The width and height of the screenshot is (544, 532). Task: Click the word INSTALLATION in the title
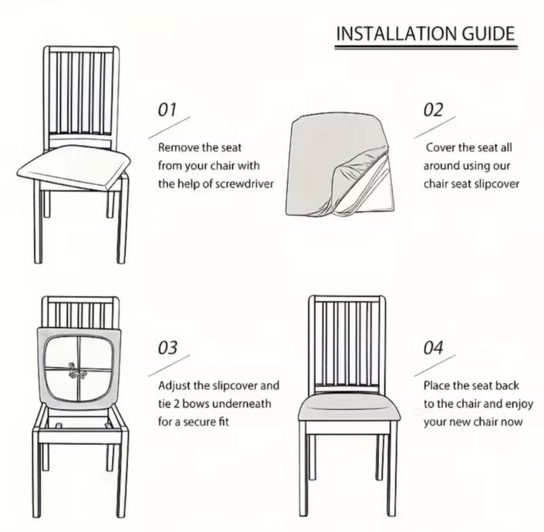397,34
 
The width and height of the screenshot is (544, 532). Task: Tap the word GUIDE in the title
488,34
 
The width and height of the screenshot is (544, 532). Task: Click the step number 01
167,109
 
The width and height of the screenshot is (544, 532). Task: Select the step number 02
433,109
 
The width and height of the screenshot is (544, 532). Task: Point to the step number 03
167,348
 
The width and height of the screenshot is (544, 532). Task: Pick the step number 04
433,348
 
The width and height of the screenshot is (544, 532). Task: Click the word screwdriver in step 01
245,184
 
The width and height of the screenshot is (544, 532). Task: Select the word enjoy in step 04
519,405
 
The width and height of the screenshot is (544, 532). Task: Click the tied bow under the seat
76,371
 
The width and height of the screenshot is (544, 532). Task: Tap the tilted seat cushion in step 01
74,165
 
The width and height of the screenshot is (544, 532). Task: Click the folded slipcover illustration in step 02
340,163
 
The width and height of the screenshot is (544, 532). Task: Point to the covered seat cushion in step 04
349,410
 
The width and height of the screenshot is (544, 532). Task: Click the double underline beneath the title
426,47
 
